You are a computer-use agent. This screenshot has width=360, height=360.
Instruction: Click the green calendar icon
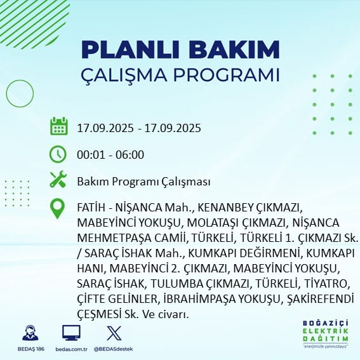(59, 126)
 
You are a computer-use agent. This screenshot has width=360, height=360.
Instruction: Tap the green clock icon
(58, 154)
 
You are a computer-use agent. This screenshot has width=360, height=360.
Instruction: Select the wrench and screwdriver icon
(58, 179)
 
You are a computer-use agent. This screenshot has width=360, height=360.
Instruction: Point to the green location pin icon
(57, 208)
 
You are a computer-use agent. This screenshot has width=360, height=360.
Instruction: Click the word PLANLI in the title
(130, 50)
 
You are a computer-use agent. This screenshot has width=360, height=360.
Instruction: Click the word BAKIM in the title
(234, 50)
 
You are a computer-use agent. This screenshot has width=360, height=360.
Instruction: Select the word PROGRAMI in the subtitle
(227, 75)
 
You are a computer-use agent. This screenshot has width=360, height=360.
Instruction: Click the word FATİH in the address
(91, 208)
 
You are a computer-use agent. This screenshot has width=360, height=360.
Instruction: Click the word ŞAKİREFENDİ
(320, 299)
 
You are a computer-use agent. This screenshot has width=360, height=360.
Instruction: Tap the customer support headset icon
(30, 333)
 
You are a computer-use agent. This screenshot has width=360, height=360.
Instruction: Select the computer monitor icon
(71, 333)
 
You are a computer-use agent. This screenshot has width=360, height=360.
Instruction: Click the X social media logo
(114, 333)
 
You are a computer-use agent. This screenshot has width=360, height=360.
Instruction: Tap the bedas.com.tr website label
(71, 349)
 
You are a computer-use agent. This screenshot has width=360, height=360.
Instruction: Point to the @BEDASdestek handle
(114, 349)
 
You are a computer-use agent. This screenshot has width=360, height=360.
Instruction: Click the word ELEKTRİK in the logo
(325, 331)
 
